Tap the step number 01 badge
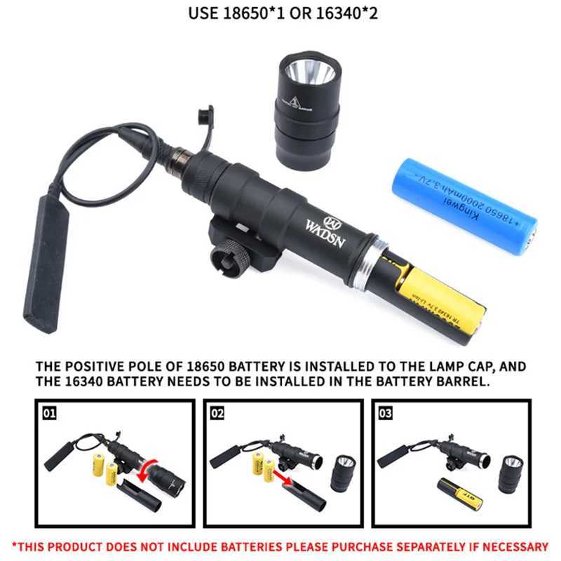coord(49,414)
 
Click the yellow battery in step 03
coord(459,494)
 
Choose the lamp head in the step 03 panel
coord(511,474)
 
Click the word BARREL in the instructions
coord(455,382)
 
